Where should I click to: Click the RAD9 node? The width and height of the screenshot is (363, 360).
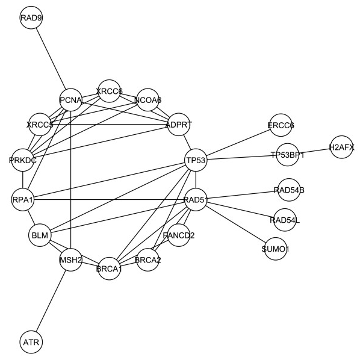(31, 18)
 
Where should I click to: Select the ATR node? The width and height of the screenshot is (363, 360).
(31, 342)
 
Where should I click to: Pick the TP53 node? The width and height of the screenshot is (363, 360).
(196, 160)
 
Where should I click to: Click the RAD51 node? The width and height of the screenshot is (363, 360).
(196, 200)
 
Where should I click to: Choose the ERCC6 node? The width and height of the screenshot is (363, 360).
(281, 126)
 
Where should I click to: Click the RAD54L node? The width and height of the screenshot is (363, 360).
(285, 220)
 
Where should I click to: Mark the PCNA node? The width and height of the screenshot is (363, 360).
(70, 99)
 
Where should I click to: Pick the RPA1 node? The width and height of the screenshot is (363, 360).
(22, 200)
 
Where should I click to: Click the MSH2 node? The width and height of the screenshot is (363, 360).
(70, 260)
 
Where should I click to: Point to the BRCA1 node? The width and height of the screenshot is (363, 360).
(109, 268)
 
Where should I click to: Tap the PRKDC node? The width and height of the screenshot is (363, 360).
(23, 160)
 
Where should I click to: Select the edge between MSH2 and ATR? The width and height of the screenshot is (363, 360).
(51, 300)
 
